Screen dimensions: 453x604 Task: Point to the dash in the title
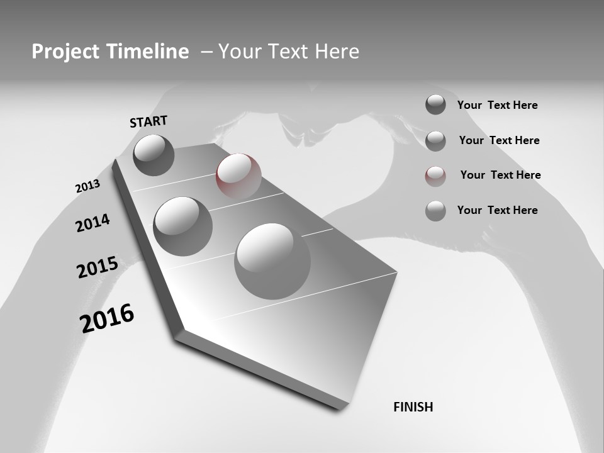click(x=206, y=52)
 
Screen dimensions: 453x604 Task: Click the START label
click(x=148, y=121)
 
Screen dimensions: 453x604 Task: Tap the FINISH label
click(x=413, y=407)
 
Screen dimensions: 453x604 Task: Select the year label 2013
click(x=87, y=186)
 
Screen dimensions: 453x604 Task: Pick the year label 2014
click(x=92, y=223)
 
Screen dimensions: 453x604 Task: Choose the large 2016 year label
click(x=107, y=318)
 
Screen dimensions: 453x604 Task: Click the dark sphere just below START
click(x=154, y=155)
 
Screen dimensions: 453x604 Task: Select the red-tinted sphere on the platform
click(x=238, y=176)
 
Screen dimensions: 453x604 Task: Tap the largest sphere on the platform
click(x=272, y=260)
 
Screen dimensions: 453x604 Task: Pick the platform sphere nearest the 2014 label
click(x=182, y=226)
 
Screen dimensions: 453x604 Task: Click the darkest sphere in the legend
click(x=435, y=104)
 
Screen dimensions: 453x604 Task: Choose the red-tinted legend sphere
click(x=435, y=176)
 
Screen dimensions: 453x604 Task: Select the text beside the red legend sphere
click(x=500, y=175)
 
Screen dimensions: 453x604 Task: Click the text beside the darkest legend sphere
click(x=497, y=105)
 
